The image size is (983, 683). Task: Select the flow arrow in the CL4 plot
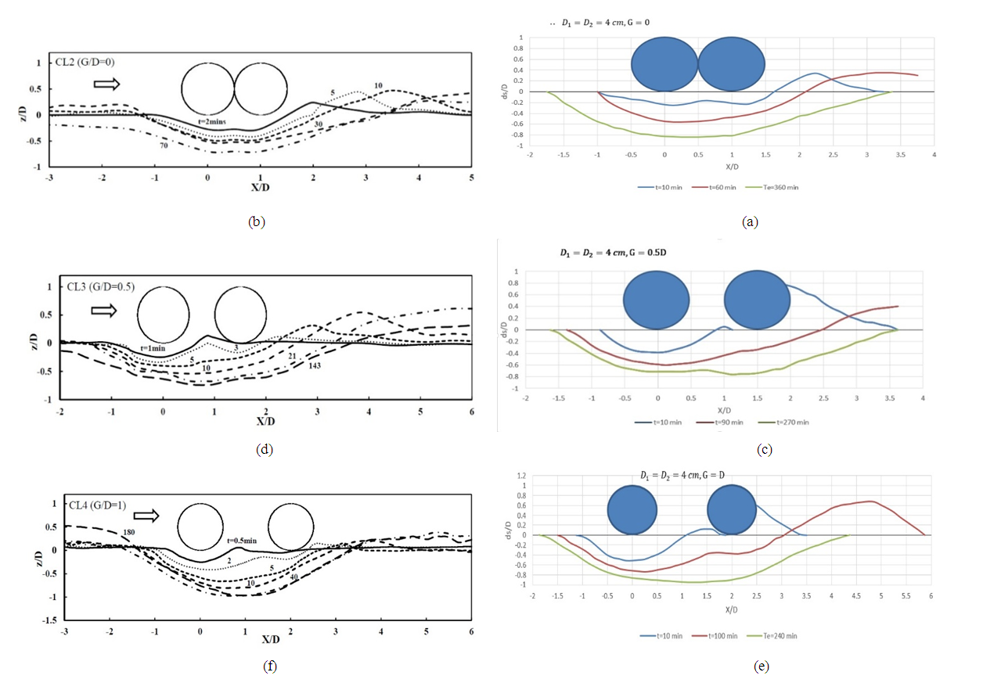click(146, 516)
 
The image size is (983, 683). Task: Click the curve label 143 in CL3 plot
click(315, 365)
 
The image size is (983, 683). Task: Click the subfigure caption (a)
click(750, 222)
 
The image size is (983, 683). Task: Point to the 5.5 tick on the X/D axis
click(906, 596)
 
